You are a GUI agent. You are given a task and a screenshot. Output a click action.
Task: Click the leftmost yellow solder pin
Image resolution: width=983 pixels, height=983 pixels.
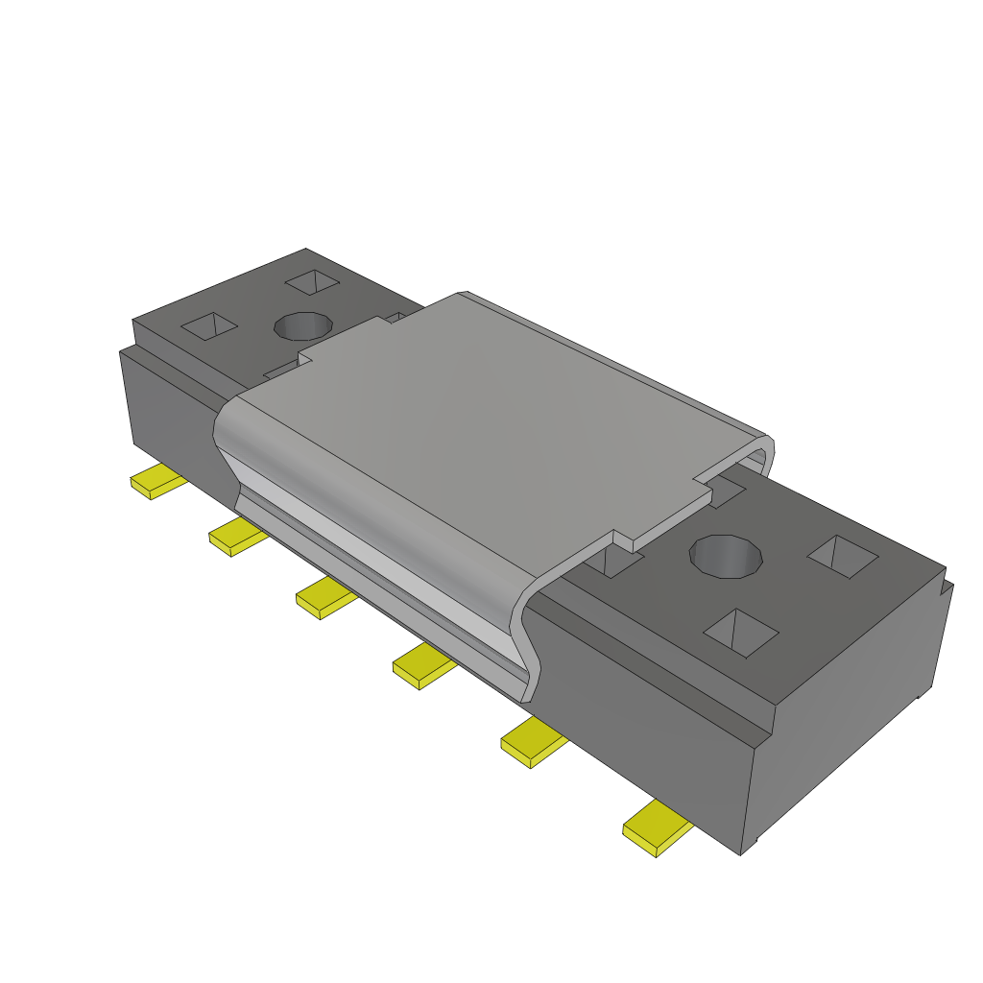[x=156, y=482]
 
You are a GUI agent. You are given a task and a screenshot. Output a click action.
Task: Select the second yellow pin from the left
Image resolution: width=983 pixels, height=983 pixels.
[x=236, y=537]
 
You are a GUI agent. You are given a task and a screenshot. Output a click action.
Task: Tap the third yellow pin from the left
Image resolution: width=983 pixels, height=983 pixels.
[x=324, y=599]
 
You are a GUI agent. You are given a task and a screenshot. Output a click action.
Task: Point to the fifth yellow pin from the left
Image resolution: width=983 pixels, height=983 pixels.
[x=533, y=742]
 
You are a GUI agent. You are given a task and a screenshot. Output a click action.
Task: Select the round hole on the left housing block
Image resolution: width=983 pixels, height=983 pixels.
[x=303, y=325]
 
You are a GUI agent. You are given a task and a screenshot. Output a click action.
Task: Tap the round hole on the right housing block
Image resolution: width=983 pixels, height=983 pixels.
[x=727, y=556]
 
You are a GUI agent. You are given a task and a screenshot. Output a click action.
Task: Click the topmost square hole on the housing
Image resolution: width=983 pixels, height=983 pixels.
[x=313, y=282]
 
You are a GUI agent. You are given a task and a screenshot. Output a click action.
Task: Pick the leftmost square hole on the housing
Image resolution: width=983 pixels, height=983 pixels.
[x=208, y=326]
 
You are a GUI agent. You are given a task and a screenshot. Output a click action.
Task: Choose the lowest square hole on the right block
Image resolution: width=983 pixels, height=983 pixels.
[x=741, y=633]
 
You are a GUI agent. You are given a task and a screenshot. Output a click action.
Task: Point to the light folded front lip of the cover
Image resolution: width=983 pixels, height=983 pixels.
[x=374, y=566]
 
